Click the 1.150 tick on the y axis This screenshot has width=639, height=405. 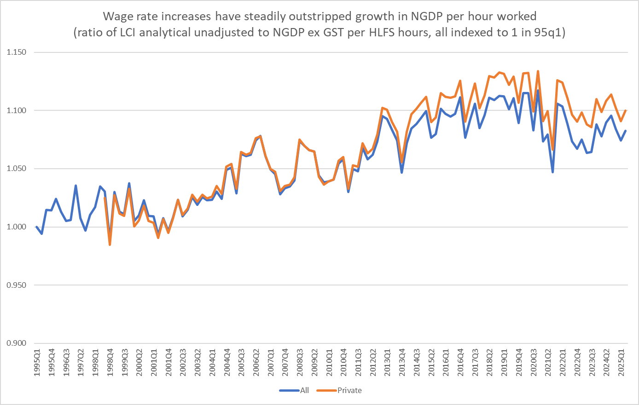[x=16, y=52]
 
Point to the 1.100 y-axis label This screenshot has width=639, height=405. [x=16, y=111]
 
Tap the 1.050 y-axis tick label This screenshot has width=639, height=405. [x=16, y=169]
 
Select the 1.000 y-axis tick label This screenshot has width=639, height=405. [x=16, y=227]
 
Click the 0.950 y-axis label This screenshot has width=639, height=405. [x=16, y=285]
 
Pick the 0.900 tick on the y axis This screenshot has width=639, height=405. [x=16, y=343]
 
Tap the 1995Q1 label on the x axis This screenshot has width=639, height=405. [x=37, y=363]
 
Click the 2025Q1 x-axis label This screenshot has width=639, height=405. [x=621, y=363]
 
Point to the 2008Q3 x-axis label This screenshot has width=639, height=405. [x=300, y=363]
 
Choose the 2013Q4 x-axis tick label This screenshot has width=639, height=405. [x=402, y=363]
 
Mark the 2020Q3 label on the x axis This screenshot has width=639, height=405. [x=534, y=363]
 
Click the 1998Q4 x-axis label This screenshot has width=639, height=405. [x=110, y=363]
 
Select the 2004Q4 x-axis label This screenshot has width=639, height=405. [x=227, y=363]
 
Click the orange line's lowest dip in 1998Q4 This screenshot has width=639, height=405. [x=110, y=245]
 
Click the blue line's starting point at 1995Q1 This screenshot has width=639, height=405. [x=37, y=227]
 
